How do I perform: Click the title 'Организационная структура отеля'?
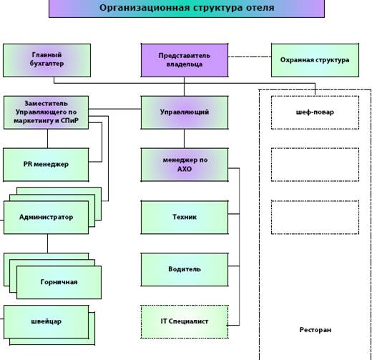pyautogui.click(x=187, y=7)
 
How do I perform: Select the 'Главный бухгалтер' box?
pyautogui.click(x=47, y=60)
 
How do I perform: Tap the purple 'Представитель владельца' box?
pyautogui.click(x=185, y=60)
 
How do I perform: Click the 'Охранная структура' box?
pyautogui.click(x=315, y=60)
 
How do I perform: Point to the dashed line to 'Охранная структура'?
pyautogui.click(x=250, y=57)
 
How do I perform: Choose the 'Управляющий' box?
pyautogui.click(x=185, y=112)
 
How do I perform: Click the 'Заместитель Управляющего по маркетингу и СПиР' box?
pyautogui.click(x=46, y=112)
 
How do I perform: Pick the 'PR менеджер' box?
pyautogui.click(x=46, y=165)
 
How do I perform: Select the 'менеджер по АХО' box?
pyautogui.click(x=185, y=165)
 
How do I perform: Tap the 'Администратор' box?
pyautogui.click(x=46, y=218)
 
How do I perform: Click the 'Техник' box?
pyautogui.click(x=185, y=218)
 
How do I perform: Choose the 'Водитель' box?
pyautogui.click(x=185, y=270)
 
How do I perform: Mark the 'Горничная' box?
pyautogui.click(x=59, y=282)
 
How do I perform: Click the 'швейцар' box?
pyautogui.click(x=46, y=322)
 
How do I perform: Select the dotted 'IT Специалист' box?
pyautogui.click(x=185, y=322)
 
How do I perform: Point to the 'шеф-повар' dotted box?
pyautogui.click(x=315, y=112)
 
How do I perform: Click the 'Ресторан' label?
pyautogui.click(x=315, y=330)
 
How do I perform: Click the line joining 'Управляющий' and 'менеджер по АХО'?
pyautogui.click(x=184, y=139)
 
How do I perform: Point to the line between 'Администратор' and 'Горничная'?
pyautogui.click(x=47, y=243)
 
